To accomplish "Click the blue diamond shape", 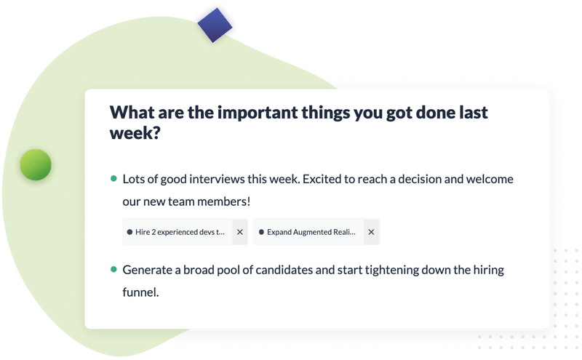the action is (215, 25).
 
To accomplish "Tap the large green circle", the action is (36, 165).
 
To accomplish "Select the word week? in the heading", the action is (135, 132).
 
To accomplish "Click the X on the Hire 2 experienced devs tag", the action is (240, 232).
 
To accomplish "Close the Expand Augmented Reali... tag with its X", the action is (371, 232).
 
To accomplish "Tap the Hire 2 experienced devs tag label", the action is (180, 232).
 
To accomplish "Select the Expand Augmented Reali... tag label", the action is (311, 232).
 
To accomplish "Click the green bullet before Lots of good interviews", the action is (113, 178).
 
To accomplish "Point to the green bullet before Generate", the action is (113, 269).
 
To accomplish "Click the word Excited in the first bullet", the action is (322, 179).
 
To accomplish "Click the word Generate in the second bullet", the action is (148, 270).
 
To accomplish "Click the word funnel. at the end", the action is (140, 292).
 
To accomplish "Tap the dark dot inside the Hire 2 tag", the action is (129, 232).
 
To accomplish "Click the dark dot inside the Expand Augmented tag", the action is (261, 232).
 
